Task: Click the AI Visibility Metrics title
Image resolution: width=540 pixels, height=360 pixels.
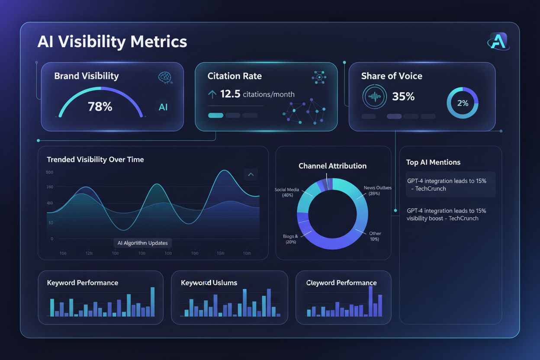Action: [x=112, y=42]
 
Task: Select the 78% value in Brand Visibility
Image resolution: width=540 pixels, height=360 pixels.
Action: [x=100, y=106]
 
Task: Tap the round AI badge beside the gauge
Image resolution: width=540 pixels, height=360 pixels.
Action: [x=163, y=107]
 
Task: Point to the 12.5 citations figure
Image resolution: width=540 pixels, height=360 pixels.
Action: [x=230, y=94]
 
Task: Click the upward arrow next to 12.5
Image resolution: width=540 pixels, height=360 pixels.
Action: [x=212, y=94]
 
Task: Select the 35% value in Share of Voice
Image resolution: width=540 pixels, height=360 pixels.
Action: [x=403, y=96]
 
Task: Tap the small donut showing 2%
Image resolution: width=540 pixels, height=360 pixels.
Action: [x=463, y=103]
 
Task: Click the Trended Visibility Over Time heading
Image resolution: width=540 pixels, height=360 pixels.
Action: [x=95, y=159]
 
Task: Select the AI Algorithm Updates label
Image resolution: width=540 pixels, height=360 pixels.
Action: [x=143, y=243]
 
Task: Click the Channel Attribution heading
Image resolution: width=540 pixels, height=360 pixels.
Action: [x=332, y=166]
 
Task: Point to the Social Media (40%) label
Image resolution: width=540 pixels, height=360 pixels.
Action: [x=286, y=193]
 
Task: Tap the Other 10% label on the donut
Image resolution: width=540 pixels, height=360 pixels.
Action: [x=374, y=236]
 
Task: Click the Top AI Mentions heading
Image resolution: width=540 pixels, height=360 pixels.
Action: [x=433, y=162]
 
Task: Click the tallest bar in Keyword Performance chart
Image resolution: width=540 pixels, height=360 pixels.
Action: [x=152, y=302]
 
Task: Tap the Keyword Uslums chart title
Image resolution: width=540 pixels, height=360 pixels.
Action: [x=209, y=283]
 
